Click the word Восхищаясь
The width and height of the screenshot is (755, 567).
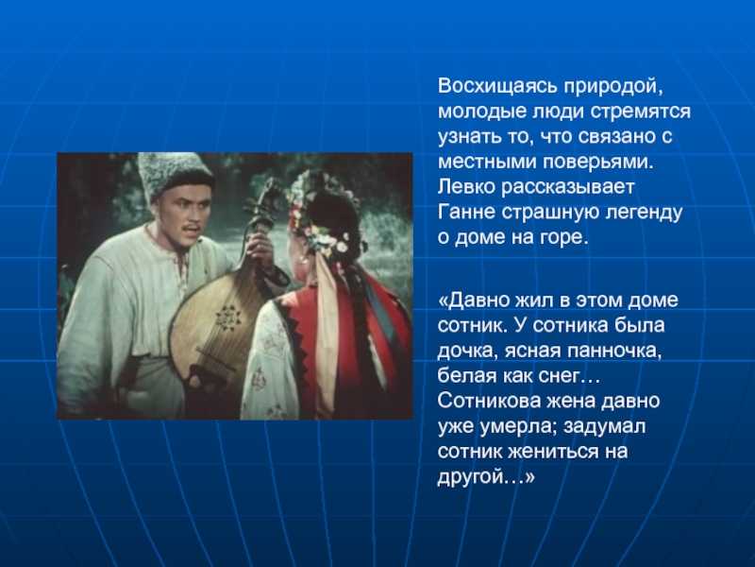point(497,87)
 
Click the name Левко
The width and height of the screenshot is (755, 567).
point(466,186)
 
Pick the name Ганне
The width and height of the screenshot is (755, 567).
point(466,212)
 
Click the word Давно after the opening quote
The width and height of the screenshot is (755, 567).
point(480,301)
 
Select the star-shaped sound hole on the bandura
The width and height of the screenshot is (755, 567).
point(227,318)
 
